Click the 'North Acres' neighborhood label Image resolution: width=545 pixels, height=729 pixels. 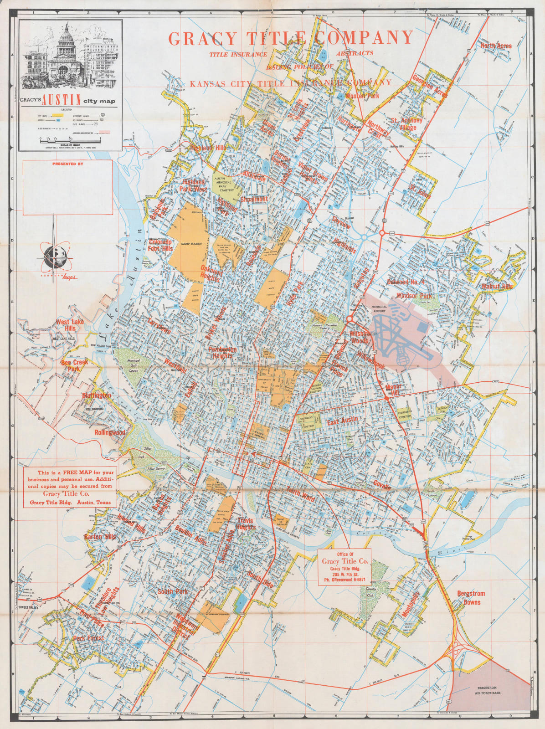click(x=496, y=46)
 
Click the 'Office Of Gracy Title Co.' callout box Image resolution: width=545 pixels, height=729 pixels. click(x=344, y=567)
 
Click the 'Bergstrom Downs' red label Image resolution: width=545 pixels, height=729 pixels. click(x=471, y=597)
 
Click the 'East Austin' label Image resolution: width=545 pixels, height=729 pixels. click(x=343, y=419)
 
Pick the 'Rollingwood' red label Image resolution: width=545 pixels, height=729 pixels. click(x=110, y=432)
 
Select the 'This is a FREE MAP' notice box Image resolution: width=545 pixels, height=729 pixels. click(x=70, y=488)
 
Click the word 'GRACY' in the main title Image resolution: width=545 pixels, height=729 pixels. click(x=202, y=38)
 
